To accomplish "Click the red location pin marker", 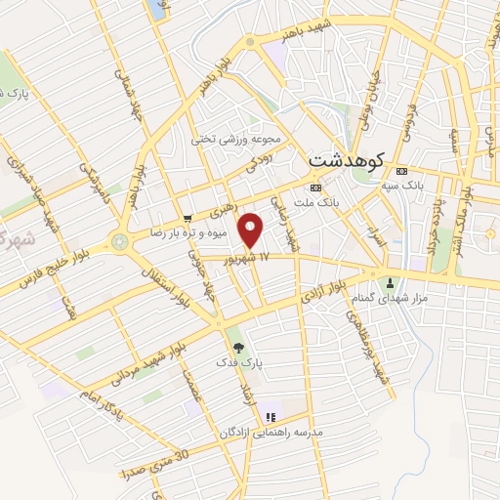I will [x=252, y=230].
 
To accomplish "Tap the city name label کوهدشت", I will [x=348, y=159].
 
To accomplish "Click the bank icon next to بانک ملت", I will [x=315, y=187].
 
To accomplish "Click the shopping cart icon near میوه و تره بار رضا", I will [x=187, y=218].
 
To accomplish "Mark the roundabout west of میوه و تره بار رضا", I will [x=119, y=240].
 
